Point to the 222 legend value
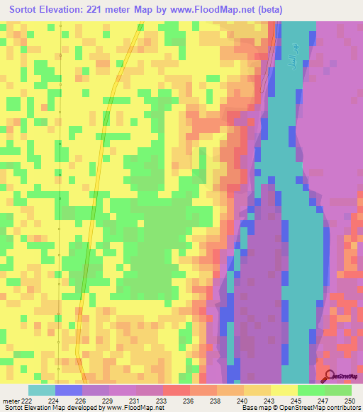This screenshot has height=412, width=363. (x=27, y=401)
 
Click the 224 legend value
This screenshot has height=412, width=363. (x=54, y=401)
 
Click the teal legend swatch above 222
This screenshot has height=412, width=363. (x=42, y=390)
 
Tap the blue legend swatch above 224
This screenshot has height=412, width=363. (x=69, y=390)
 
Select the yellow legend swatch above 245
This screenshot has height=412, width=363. (x=284, y=390)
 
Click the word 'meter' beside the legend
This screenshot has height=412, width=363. (x=10, y=401)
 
